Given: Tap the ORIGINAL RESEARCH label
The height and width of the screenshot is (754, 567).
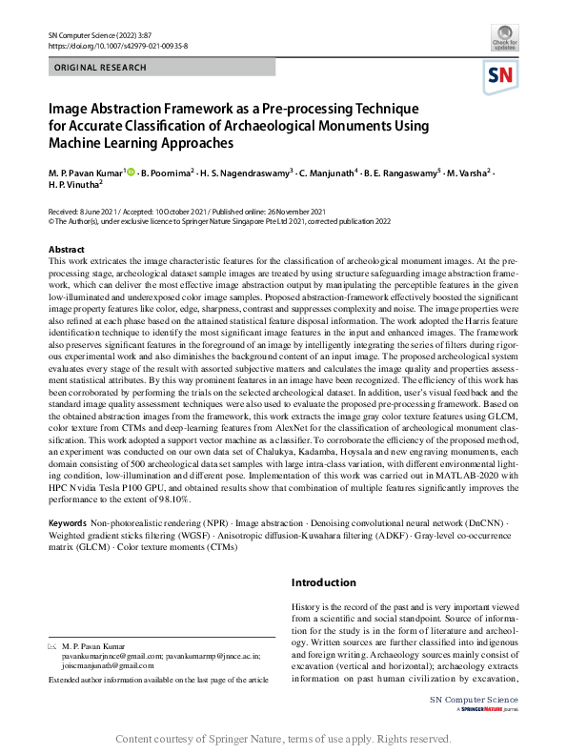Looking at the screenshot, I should point(102,68).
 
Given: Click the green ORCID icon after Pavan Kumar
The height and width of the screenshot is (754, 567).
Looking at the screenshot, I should point(132,173).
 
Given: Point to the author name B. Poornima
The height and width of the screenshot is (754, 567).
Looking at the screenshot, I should point(167,173).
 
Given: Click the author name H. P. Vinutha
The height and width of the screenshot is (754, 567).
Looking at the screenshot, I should point(80,189).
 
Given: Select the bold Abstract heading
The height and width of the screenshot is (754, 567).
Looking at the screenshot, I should point(66,249).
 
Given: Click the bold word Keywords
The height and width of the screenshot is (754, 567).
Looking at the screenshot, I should point(67,524).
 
